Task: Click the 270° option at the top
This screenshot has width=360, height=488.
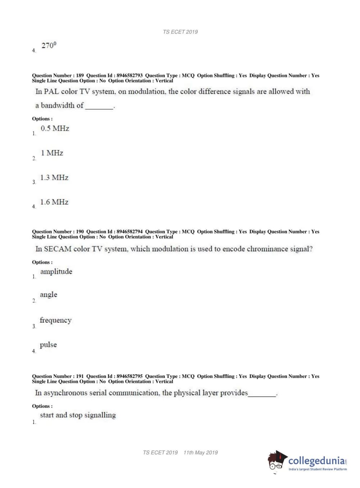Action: (x=49, y=46)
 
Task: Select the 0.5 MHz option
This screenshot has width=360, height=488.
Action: (x=55, y=128)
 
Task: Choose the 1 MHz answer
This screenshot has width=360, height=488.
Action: (x=52, y=153)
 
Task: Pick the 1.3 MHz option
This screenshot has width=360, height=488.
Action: (x=54, y=177)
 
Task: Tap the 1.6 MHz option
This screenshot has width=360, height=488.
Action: (x=54, y=202)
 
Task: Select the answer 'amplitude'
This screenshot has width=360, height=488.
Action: (x=56, y=271)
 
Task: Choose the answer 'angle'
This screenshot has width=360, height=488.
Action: (x=49, y=295)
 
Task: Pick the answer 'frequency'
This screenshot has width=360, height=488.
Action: (x=55, y=320)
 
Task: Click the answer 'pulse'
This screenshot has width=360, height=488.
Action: (x=48, y=345)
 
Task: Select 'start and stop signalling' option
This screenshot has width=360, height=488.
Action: (x=78, y=415)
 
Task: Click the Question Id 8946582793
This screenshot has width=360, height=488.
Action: (x=129, y=76)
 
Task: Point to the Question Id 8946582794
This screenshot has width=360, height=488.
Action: (x=129, y=232)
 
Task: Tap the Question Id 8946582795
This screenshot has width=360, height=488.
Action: (x=129, y=376)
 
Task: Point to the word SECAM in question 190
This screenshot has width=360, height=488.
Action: (x=58, y=249)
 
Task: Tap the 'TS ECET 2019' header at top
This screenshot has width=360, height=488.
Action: (x=180, y=32)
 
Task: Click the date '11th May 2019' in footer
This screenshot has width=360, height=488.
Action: (x=201, y=453)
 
